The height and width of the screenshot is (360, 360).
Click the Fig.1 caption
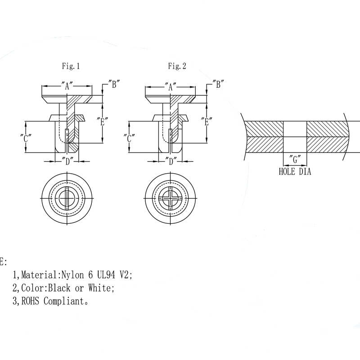[71, 66]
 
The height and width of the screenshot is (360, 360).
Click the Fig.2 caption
[177, 66]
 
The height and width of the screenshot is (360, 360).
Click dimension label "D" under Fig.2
[170, 161]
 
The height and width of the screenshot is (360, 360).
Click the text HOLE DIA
[295, 171]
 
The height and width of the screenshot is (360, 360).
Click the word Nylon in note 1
[73, 274]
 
